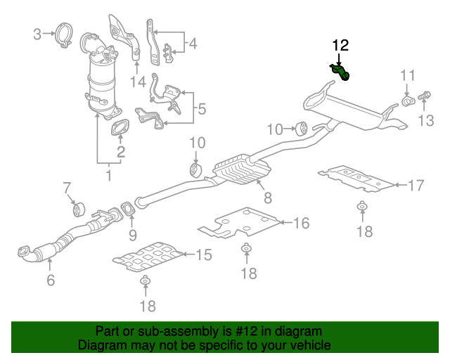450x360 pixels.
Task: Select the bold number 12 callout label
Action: tap(340, 46)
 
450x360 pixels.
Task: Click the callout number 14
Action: tap(137, 82)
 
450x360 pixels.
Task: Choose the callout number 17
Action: tap(416, 186)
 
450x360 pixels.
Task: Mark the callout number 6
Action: tap(50, 282)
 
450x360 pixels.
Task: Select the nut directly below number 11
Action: tap(407, 103)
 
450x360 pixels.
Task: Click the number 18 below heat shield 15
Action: tap(146, 306)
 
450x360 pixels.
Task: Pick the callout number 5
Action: tap(201, 109)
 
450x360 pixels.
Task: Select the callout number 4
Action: tap(193, 45)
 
